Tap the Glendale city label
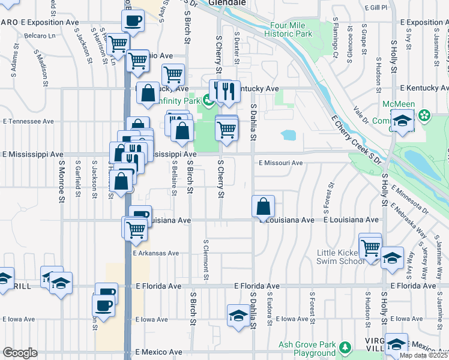(x=228, y=3)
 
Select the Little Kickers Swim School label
(x=340, y=257)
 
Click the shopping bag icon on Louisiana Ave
(x=264, y=208)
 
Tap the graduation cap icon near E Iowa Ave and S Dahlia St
(x=238, y=316)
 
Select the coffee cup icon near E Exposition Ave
(x=133, y=21)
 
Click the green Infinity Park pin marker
(x=208, y=100)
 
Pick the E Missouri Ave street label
(x=281, y=163)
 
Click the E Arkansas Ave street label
(x=156, y=253)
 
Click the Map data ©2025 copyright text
(x=424, y=355)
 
